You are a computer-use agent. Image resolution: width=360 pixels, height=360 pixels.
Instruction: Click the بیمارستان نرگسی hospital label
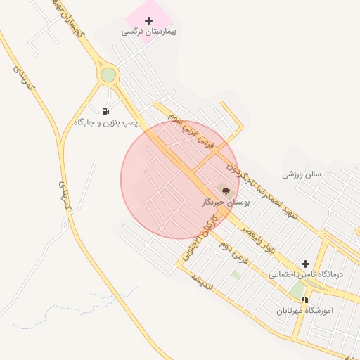[149, 32]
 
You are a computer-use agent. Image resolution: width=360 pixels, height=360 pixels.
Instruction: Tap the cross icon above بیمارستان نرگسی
[148, 20]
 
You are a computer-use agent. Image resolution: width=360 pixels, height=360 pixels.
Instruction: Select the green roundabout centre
[108, 75]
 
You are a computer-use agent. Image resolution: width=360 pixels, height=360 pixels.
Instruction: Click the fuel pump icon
[105, 111]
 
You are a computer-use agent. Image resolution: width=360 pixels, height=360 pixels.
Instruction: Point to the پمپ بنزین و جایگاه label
[106, 123]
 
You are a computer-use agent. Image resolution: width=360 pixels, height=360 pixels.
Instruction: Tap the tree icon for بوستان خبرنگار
[225, 191]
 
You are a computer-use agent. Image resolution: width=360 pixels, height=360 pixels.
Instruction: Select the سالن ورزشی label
[302, 173]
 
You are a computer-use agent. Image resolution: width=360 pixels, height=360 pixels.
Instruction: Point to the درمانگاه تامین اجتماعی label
[306, 274]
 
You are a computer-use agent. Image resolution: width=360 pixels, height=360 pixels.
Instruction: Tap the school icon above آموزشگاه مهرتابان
[304, 300]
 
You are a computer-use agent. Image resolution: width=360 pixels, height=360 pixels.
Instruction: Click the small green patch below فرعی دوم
[236, 274]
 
